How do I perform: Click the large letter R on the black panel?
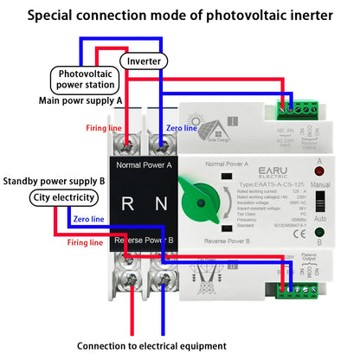pos(126,204)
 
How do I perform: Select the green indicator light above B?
pos(318,231)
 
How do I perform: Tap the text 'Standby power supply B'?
pos(54,181)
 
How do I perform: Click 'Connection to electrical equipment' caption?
pos(178,345)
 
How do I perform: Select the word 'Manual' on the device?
pos(318,184)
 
